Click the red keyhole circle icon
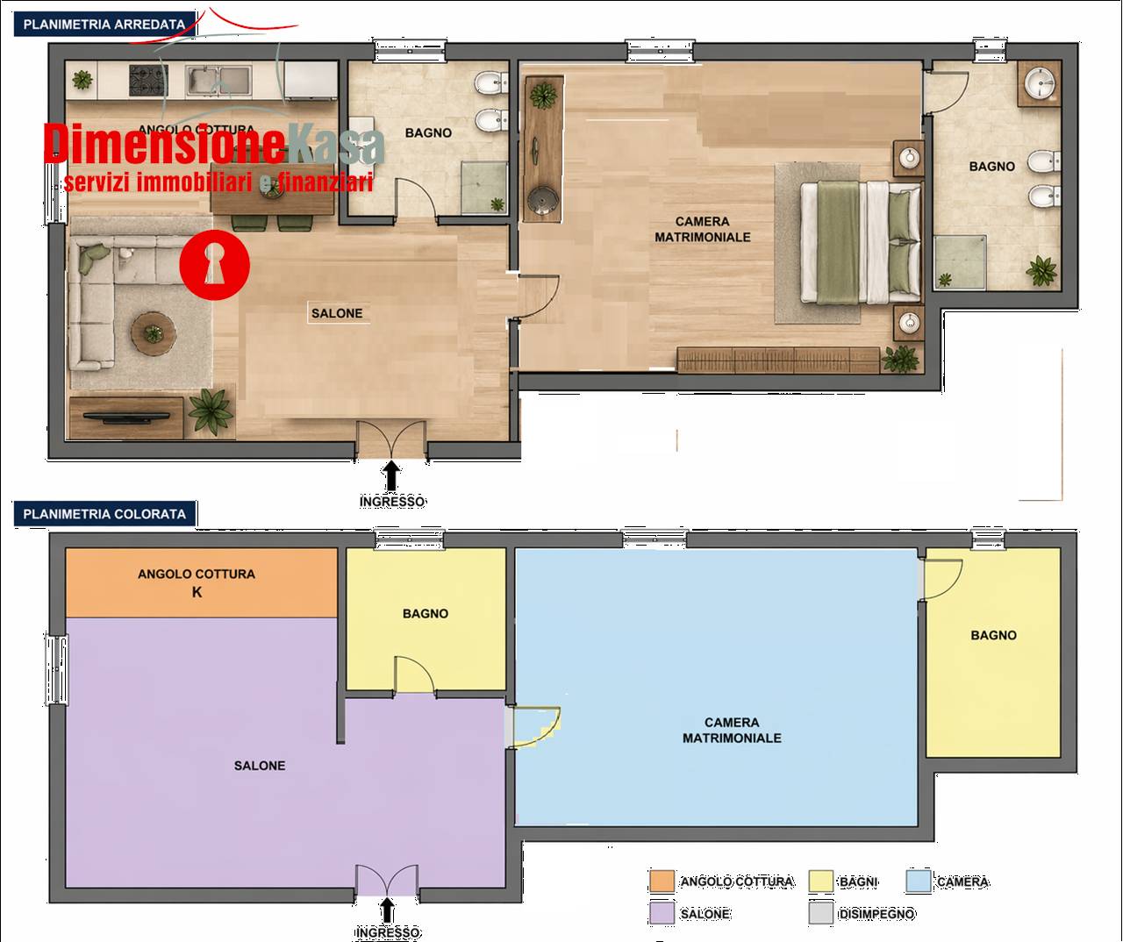pos(214,265)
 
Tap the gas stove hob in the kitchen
pos(148,80)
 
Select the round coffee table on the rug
pos(154,333)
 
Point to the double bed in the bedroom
pos(861,242)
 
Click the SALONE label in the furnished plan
pos(337,313)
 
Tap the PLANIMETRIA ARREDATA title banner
pos(104,25)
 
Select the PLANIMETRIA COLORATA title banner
pos(104,514)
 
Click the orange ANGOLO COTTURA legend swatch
pos(662,881)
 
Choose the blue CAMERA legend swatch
pos(919,881)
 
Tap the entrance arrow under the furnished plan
pos(391,475)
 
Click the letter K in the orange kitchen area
pos(197,592)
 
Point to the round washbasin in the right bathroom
pos(1040,84)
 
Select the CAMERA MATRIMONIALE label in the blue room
pos(732,730)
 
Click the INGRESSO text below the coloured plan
pos(387,932)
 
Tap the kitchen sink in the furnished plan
pos(218,81)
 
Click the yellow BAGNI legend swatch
pos(820,881)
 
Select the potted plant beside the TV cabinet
pos(211,412)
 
